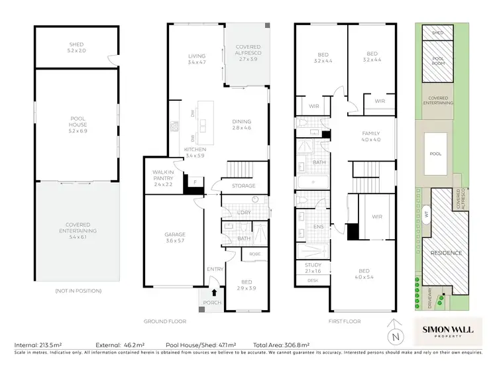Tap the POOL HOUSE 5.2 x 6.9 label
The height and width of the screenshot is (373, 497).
coord(78,123)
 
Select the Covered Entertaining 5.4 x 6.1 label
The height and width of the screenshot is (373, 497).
coord(78,227)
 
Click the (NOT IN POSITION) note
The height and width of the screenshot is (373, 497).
coord(78,291)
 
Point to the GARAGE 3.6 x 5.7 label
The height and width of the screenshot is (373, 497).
coord(175,237)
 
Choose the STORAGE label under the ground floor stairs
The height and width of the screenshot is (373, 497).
coord(243,186)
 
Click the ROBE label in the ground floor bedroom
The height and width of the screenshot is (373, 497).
coord(254,254)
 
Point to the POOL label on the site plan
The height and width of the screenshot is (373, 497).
coord(435,153)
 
